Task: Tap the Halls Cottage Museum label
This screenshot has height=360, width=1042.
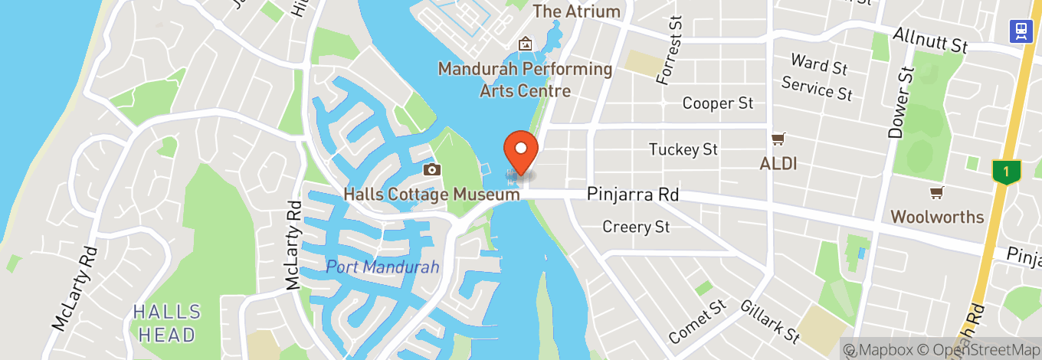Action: click(x=432, y=195)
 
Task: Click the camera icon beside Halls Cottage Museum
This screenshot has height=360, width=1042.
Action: click(x=431, y=170)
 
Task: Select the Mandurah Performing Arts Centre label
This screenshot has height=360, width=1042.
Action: click(x=526, y=80)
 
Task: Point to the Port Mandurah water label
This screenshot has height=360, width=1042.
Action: click(x=382, y=267)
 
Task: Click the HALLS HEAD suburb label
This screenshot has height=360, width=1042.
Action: click(x=167, y=323)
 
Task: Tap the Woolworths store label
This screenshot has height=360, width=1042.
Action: click(x=937, y=217)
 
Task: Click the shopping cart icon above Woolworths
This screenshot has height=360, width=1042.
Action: click(x=936, y=192)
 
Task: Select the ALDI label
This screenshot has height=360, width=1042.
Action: click(x=778, y=163)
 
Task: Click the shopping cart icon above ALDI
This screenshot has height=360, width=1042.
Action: click(x=778, y=139)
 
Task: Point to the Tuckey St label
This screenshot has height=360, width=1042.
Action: click(x=683, y=149)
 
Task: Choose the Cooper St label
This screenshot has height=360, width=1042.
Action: click(x=718, y=103)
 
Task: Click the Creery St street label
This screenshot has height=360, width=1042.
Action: click(x=636, y=227)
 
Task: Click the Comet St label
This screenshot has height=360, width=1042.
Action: click(x=696, y=322)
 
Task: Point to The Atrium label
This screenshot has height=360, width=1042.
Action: click(x=576, y=11)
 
